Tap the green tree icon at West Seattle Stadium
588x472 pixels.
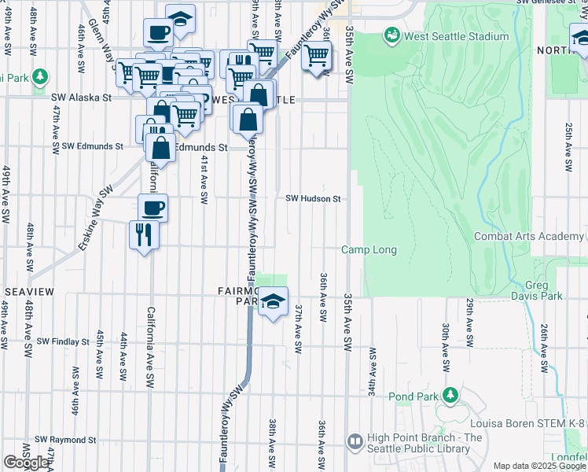pos(391,35)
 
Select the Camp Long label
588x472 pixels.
pos(369,250)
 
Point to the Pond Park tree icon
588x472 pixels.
pos(450,394)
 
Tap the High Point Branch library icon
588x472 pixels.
pos(355,444)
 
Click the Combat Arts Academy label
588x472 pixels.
pos(530,237)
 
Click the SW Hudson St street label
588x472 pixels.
pos(313,199)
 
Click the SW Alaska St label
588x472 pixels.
pos(82,98)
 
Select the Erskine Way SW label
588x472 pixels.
pos(94,219)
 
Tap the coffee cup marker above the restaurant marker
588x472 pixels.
pos(153,208)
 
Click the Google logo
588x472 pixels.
pos(26,463)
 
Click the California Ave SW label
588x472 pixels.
pos(149,347)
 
